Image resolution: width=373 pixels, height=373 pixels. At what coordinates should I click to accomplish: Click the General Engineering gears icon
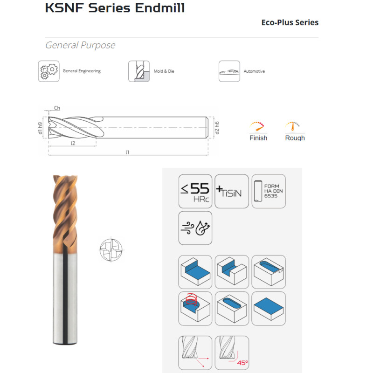pos(49,71)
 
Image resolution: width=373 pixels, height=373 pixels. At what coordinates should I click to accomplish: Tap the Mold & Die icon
pos(139,71)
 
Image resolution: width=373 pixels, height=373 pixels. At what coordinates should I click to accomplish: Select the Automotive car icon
pos(229,71)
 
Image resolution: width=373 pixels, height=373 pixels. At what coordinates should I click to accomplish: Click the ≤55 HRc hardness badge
pos(195,191)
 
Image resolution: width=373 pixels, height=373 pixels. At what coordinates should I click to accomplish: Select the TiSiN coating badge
pos(231,191)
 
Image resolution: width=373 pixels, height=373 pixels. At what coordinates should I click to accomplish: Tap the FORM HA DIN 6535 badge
pos(269,191)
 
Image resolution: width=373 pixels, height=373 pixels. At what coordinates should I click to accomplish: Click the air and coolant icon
pos(195,228)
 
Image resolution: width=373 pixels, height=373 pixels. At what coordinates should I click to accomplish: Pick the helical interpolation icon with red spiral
pos(195,308)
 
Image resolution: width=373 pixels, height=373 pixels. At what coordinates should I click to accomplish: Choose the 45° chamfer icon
pos(232,352)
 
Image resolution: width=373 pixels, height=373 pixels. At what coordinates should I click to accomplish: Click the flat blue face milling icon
pos(269,308)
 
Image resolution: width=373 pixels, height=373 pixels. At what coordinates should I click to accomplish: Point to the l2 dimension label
pos(73,143)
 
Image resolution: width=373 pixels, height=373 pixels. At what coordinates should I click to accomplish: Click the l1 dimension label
pos(127,152)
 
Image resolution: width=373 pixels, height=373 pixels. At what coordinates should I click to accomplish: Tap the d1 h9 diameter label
pos(40,128)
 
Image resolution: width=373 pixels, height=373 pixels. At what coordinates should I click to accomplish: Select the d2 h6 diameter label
pos(217,128)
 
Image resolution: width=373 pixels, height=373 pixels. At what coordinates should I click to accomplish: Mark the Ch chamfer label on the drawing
pos(57,108)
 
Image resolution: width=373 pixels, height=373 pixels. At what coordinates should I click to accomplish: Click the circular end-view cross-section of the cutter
pos(111,250)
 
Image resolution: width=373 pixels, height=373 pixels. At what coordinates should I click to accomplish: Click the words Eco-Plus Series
pos(290,22)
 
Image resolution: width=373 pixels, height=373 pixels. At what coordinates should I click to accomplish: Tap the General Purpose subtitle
pos(80,45)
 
